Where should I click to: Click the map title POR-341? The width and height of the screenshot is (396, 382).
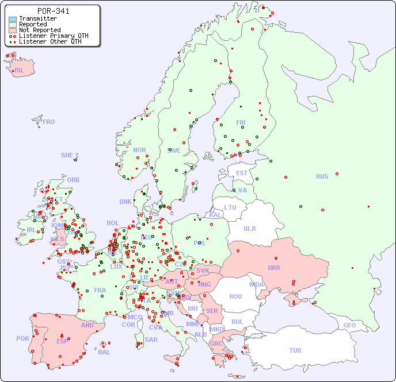pyautogui.click(x=53, y=11)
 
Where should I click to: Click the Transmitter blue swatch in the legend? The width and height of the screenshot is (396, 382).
pyautogui.click(x=13, y=19)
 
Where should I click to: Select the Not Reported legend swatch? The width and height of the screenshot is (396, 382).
pyautogui.click(x=13, y=30)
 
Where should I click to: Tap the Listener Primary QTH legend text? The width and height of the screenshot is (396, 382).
pyautogui.click(x=54, y=36)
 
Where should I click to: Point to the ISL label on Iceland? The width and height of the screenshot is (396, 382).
pyautogui.click(x=20, y=71)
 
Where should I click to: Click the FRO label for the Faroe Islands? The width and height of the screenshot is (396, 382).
pyautogui.click(x=49, y=122)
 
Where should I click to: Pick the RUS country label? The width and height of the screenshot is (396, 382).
pyautogui.click(x=322, y=177)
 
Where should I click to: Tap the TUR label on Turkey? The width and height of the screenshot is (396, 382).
pyautogui.click(x=295, y=351)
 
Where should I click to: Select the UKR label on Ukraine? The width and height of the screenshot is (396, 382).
pyautogui.click(x=274, y=268)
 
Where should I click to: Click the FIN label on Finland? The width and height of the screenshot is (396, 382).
pyautogui.click(x=241, y=122)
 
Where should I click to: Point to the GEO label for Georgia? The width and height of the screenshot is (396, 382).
pyautogui.click(x=349, y=326)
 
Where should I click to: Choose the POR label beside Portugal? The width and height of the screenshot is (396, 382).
pyautogui.click(x=22, y=338)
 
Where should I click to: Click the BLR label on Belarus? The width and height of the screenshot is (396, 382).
pyautogui.click(x=250, y=229)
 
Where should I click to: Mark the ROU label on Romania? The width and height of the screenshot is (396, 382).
pyautogui.click(x=235, y=297)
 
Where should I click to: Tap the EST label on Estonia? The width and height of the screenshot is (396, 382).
pyautogui.click(x=242, y=173)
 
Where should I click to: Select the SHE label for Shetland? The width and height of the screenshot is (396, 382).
pyautogui.click(x=67, y=156)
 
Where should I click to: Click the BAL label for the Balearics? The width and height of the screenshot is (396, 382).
pyautogui.click(x=104, y=352)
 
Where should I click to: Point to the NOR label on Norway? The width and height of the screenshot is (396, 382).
pyautogui.click(x=139, y=151)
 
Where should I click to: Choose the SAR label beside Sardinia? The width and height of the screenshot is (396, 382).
pyautogui.click(x=151, y=339)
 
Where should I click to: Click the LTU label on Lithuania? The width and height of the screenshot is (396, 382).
pyautogui.click(x=230, y=208)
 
